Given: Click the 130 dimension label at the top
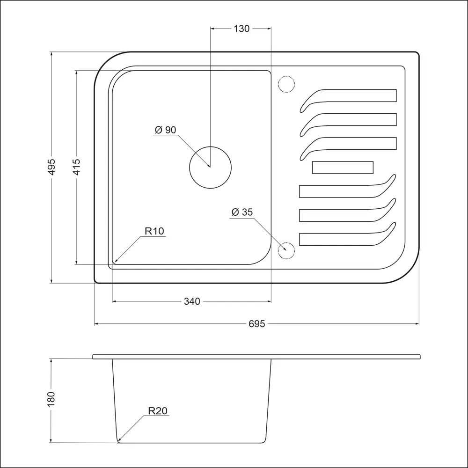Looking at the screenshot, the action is pyautogui.click(x=241, y=29).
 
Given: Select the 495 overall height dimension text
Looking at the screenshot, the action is pyautogui.click(x=51, y=167).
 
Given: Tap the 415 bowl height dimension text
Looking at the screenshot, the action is pyautogui.click(x=76, y=167).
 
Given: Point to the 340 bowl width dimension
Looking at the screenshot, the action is pyautogui.click(x=192, y=301).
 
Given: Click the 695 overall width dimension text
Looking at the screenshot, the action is pyautogui.click(x=256, y=324).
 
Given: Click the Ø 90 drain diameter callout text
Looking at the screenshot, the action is pyautogui.click(x=165, y=130).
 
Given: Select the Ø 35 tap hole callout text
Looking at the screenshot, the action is pyautogui.click(x=242, y=212).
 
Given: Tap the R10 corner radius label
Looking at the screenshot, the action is pyautogui.click(x=154, y=231).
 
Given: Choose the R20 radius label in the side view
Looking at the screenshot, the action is pyautogui.click(x=158, y=411).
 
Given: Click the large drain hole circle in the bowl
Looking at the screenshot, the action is pyautogui.click(x=211, y=146).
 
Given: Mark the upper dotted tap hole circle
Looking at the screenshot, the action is pyautogui.click(x=286, y=76).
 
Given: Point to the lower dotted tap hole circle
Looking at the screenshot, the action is pyautogui.click(x=286, y=242).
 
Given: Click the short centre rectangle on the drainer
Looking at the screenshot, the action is pyautogui.click(x=343, y=162).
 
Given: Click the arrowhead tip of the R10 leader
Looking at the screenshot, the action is pyautogui.click(x=115, y=263).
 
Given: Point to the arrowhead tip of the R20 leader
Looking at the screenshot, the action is pyautogui.click(x=118, y=440).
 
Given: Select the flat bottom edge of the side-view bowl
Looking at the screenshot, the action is pyautogui.click(x=191, y=443).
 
